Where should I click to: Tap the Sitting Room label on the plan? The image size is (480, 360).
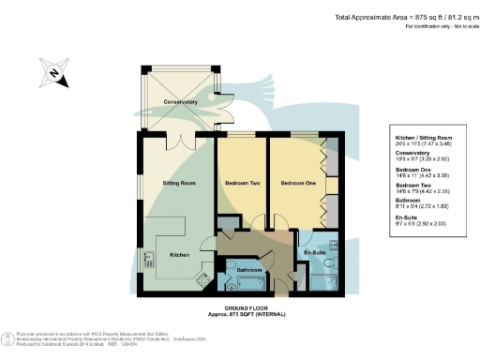click(x=176, y=185)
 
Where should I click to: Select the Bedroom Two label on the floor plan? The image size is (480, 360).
click(x=242, y=185)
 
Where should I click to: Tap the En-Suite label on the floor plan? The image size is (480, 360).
click(x=314, y=253)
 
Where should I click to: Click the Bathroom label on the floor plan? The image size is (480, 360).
click(x=248, y=271)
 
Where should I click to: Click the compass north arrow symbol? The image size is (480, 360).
click(x=53, y=72)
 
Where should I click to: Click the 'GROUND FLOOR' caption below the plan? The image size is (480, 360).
click(x=240, y=307)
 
